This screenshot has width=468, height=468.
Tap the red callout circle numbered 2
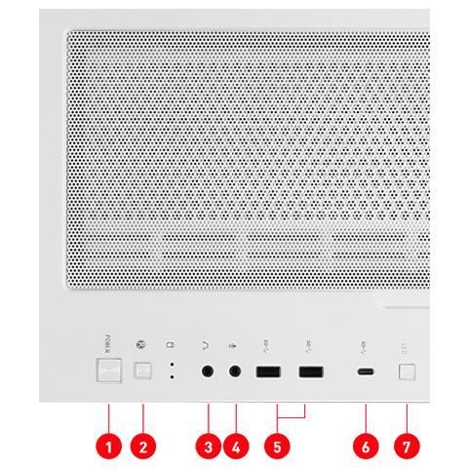pos(143,448)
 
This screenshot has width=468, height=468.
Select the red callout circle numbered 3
pos(208,448)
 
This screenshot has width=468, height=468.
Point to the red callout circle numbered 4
pos(236,448)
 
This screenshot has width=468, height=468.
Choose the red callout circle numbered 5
pos(278,448)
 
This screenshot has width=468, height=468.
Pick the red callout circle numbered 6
pos(366,448)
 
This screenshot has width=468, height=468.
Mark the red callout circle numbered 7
pos(408,448)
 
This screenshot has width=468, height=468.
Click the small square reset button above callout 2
pos(143,371)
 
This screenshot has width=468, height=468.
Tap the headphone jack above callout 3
pos(208,371)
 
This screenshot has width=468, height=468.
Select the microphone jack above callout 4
pos(235,371)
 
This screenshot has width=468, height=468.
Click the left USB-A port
pos(267,372)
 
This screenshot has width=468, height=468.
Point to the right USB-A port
pos(311,372)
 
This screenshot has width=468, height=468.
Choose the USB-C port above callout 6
pos(366,372)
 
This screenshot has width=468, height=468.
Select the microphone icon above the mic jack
pos(234,344)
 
